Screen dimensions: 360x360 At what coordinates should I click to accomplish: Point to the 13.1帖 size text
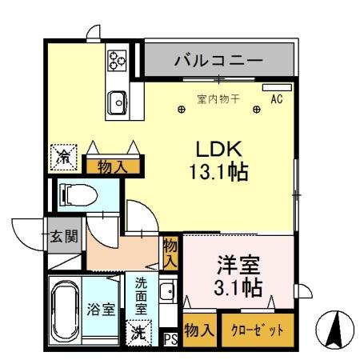coord(216,170)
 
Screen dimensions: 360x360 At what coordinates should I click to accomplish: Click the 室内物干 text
coord(218,100)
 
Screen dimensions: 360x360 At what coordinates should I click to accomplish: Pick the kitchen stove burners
coord(117,59)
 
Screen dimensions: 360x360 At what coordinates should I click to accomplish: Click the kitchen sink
coord(117,102)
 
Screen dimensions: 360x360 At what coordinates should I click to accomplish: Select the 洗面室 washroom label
coord(141,294)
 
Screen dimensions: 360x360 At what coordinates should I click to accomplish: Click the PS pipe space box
coord(170,338)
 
